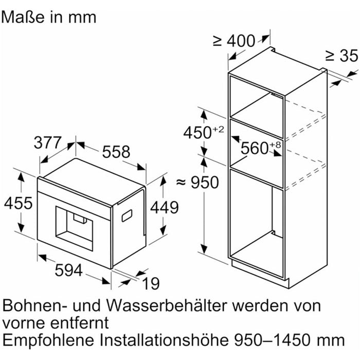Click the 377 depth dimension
(48, 142)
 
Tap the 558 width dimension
(116, 152)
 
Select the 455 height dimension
(19, 203)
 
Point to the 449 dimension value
(165, 208)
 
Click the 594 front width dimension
(69, 270)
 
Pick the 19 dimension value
(151, 283)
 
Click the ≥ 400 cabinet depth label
(234, 41)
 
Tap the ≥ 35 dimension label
(342, 56)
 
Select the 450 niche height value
(197, 133)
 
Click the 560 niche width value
(255, 148)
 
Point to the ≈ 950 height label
(197, 183)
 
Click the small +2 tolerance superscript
(218, 130)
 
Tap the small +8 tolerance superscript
(275, 145)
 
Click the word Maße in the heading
(23, 17)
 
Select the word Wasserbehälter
(168, 305)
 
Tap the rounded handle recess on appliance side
(127, 216)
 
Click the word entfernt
(79, 323)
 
